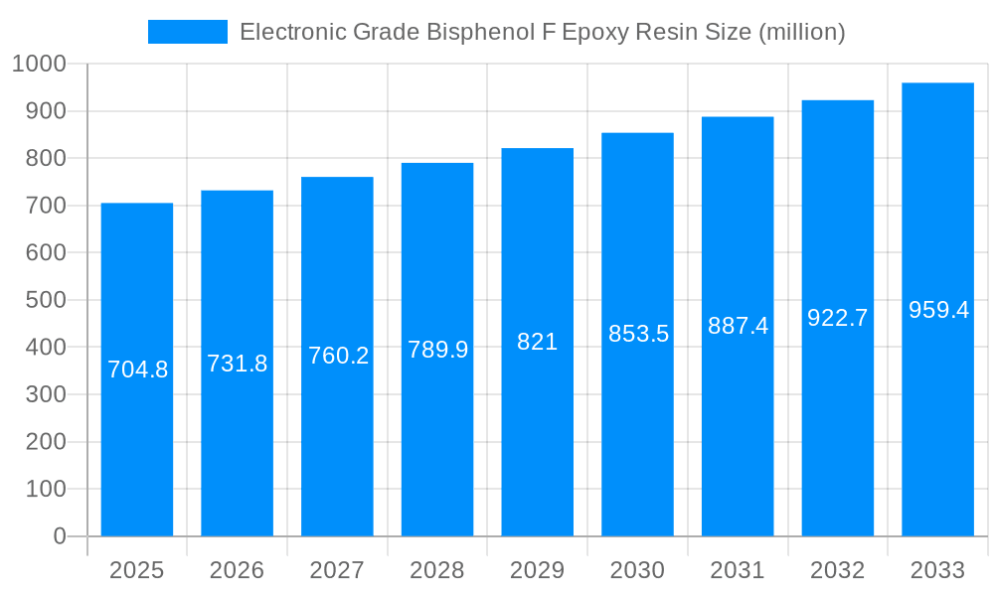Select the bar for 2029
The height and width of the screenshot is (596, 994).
(x=538, y=437)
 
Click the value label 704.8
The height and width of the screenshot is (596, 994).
(x=137, y=370)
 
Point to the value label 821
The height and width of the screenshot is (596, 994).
(x=538, y=342)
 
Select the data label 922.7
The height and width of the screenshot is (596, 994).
(x=838, y=318)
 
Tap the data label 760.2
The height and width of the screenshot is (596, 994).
(x=338, y=356)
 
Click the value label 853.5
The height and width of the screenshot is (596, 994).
(x=638, y=334)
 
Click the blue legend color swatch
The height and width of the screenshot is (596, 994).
(x=188, y=32)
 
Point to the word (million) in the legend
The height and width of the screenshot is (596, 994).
(x=801, y=32)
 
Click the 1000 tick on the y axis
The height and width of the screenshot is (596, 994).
(x=39, y=64)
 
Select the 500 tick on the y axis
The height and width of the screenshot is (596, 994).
(x=44, y=300)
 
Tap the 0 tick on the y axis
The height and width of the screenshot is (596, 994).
(x=59, y=536)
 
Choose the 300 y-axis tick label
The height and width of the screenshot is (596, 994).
(x=44, y=394)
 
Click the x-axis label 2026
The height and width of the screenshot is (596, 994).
(x=237, y=570)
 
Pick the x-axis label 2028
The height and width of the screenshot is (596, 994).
(x=437, y=570)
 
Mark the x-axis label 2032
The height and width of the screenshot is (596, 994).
(x=838, y=570)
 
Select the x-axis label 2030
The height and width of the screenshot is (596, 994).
(x=637, y=570)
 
